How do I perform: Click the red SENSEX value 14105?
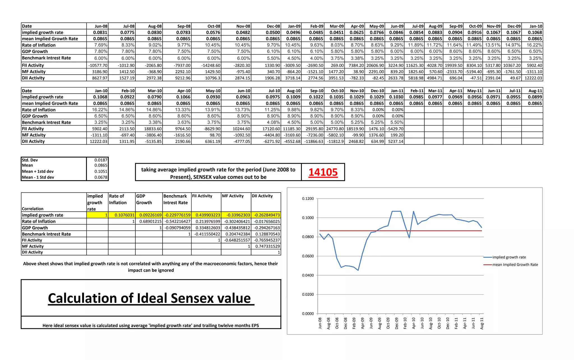click(323, 172)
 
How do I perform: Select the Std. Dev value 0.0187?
click(101, 160)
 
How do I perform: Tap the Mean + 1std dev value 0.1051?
click(101, 172)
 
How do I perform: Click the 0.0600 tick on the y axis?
click(308, 256)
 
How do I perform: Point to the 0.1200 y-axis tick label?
click(308, 199)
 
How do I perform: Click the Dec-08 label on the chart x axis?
click(345, 323)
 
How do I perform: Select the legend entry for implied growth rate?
click(509, 257)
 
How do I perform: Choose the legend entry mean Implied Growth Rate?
click(515, 265)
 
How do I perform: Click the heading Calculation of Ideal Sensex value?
click(151, 298)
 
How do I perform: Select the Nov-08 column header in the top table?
click(243, 26)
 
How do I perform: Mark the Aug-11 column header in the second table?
click(535, 91)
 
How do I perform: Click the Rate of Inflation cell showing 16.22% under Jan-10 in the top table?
click(534, 45)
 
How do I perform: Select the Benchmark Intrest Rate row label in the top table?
click(46, 58)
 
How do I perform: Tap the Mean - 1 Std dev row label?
click(38, 177)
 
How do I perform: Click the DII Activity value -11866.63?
click(314, 142)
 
